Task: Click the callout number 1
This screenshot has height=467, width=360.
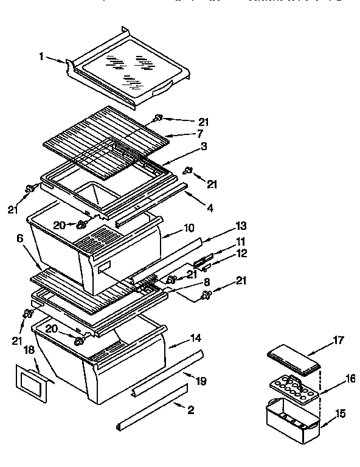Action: point(41,57)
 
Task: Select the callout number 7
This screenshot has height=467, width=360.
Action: point(199,133)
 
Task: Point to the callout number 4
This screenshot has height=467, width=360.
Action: point(210,208)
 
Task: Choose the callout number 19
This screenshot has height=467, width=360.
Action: point(202,381)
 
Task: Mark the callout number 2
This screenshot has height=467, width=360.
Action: point(190,410)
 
